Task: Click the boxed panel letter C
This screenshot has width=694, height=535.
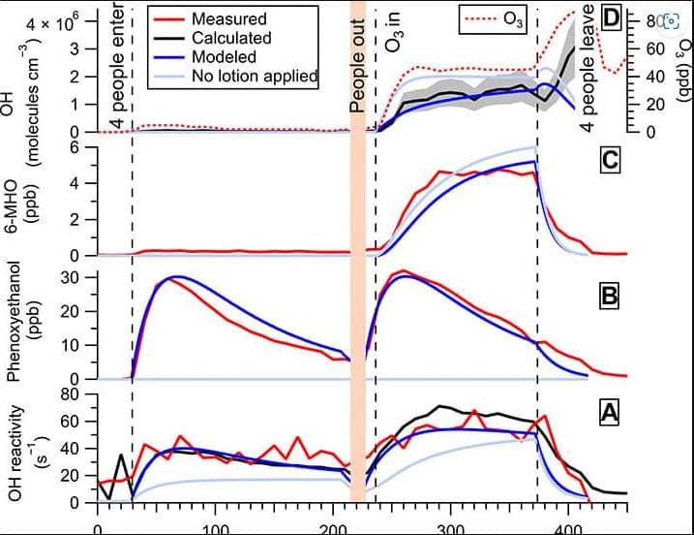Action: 609,161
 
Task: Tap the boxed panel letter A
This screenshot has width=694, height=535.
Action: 609,413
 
